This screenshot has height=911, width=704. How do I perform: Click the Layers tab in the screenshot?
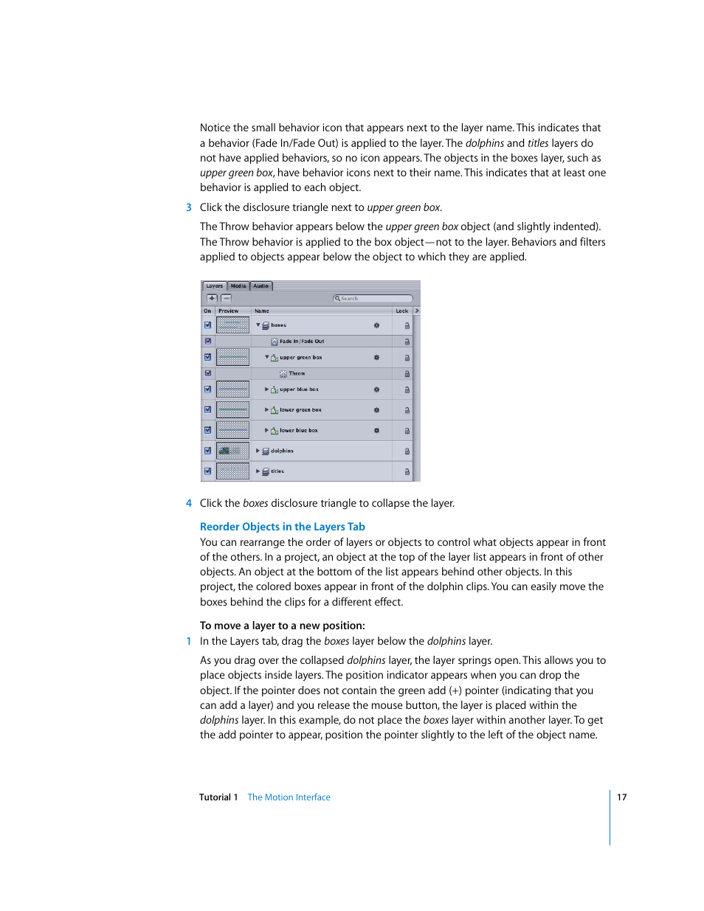coord(214,286)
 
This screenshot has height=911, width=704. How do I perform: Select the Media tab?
coord(238,286)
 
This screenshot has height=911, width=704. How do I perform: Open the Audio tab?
coord(261,286)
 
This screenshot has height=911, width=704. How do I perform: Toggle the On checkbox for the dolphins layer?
coord(207,451)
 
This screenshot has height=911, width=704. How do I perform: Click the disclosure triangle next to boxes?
coord(258,325)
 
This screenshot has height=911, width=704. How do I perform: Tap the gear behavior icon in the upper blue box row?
coord(376,389)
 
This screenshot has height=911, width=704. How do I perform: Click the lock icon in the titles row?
coord(407,471)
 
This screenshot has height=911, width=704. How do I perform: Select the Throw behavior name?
coord(297,374)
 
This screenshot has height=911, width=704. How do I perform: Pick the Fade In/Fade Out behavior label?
coord(302,342)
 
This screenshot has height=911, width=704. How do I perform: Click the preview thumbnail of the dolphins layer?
coord(232,451)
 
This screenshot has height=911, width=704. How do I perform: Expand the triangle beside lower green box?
coord(266,410)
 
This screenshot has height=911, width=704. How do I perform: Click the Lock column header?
coord(402,311)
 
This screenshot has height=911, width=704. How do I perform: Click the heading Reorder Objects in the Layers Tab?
coord(282,527)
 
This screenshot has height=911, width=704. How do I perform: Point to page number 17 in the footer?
coord(622,797)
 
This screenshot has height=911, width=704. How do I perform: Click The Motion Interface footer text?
coord(289,797)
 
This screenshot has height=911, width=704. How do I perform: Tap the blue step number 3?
coord(189,208)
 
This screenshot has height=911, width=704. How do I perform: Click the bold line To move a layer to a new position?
coord(282,626)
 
